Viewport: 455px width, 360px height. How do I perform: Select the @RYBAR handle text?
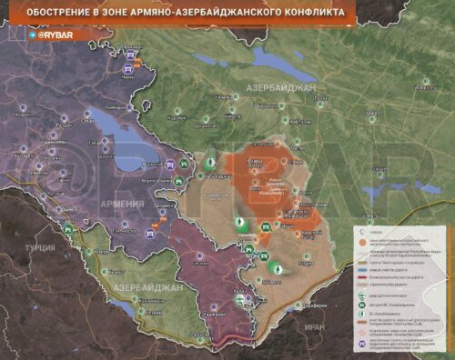[x=57, y=35]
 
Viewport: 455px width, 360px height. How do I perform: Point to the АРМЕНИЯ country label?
[x=124, y=204]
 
